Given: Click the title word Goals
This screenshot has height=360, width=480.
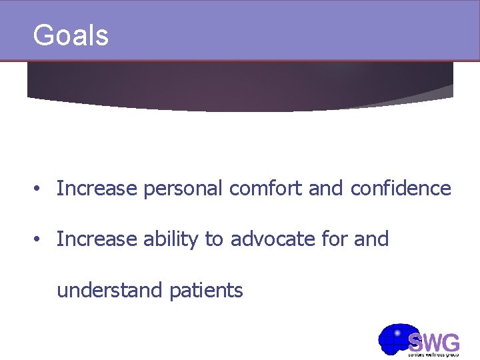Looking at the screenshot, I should (x=70, y=35).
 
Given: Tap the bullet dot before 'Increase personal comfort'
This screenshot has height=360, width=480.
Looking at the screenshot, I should (x=39, y=189).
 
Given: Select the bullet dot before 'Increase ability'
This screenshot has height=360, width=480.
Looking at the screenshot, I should (x=39, y=239).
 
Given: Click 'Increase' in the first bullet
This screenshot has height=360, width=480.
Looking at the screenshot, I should (x=98, y=189).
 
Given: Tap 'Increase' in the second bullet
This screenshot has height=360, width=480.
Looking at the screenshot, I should (x=98, y=239).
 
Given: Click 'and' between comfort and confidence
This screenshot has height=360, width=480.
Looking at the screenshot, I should (x=327, y=189).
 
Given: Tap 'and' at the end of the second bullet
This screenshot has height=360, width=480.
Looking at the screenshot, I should (x=371, y=239).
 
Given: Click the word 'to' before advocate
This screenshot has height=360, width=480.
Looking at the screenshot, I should (x=215, y=239).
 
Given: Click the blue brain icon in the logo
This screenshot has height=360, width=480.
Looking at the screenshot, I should (x=395, y=339).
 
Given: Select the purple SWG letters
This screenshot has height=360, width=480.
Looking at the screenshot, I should (x=434, y=343).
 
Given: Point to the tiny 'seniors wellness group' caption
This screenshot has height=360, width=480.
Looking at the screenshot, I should (x=434, y=355).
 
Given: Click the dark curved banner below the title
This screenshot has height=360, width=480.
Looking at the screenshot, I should (x=240, y=87).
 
